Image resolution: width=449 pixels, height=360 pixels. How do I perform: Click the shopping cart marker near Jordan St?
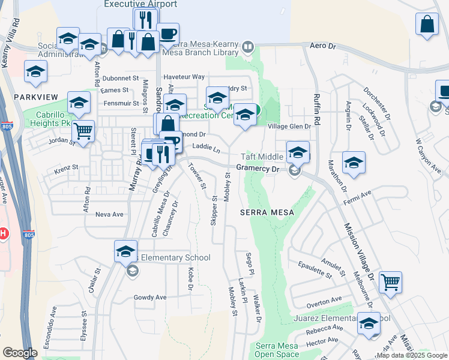[x=83, y=130]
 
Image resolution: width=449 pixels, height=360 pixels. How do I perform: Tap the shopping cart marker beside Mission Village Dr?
[x=390, y=281]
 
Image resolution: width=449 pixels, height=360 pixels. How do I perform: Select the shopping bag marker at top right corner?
[x=427, y=25]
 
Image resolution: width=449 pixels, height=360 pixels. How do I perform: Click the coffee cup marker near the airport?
[x=167, y=34]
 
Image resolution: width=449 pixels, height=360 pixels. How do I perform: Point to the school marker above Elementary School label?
[x=125, y=251]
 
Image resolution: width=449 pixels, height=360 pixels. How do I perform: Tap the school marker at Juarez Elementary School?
[x=368, y=324]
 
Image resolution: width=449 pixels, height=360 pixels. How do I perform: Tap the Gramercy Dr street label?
[x=258, y=169]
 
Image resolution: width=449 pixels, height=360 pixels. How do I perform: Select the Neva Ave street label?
[x=109, y=214]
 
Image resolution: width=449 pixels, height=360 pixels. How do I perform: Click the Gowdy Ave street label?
[x=150, y=297]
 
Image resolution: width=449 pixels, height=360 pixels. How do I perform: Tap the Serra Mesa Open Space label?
[x=277, y=350]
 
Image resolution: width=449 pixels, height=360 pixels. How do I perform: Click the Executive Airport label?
[x=140, y=4]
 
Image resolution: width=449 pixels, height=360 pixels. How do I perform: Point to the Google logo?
[x=20, y=353]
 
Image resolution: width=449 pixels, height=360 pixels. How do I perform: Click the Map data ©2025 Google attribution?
[x=411, y=355]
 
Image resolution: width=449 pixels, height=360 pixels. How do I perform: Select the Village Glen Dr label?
[x=289, y=127]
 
